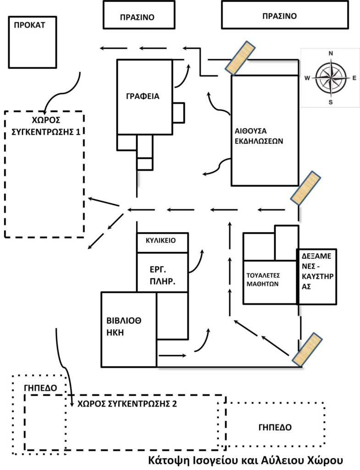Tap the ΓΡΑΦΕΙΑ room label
click(x=143, y=96)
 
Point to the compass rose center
click(x=330, y=78)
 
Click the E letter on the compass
click(x=354, y=78)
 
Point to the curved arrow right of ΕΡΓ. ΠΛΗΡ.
click(x=197, y=261)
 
